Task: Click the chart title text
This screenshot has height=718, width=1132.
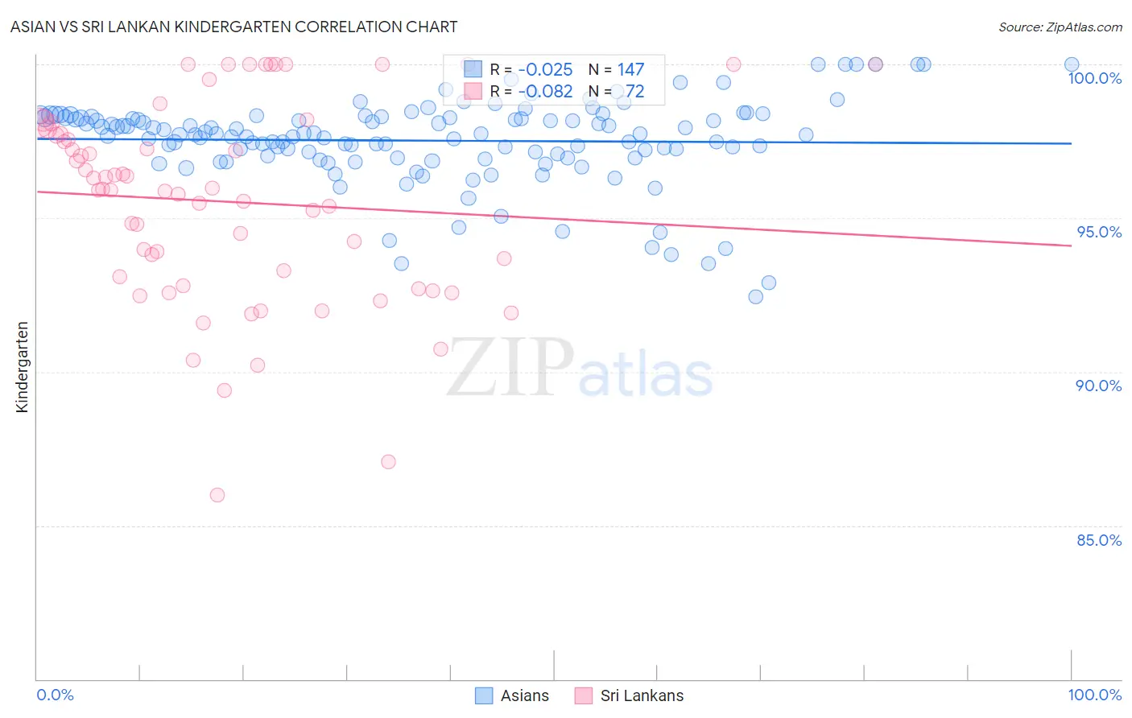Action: click(x=234, y=27)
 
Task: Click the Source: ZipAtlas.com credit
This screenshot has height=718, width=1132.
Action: click(x=1060, y=27)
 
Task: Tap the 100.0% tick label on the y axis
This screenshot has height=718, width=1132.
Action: click(x=1094, y=78)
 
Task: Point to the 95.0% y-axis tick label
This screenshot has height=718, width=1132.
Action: click(x=1098, y=232)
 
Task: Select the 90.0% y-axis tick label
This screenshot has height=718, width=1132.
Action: click(x=1098, y=386)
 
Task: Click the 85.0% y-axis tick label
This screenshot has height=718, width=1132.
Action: click(x=1098, y=540)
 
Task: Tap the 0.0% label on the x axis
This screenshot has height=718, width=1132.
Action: click(x=55, y=695)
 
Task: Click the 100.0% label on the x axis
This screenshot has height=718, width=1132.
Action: click(x=1094, y=695)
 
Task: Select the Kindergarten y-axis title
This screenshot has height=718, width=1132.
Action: click(x=22, y=367)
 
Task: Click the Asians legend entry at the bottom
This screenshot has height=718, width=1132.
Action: click(x=523, y=695)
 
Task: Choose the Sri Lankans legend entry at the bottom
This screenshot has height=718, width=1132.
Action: click(x=641, y=695)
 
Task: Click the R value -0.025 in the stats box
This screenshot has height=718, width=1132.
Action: click(x=545, y=70)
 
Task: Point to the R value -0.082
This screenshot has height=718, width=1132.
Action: click(x=545, y=91)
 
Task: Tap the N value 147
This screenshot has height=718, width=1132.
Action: click(x=630, y=70)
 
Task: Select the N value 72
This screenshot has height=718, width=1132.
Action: click(x=634, y=91)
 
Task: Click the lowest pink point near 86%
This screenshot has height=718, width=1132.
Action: click(x=217, y=495)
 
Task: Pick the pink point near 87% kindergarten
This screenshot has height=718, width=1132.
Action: click(x=388, y=462)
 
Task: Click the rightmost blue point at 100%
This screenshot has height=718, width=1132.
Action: click(x=1072, y=64)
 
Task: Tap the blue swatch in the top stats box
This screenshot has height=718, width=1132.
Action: click(x=473, y=70)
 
